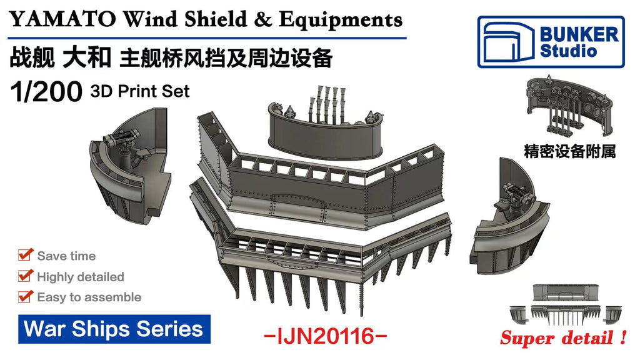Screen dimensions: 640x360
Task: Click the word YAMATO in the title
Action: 62,19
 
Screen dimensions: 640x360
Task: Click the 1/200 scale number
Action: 46,92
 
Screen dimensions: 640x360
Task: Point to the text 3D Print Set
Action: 140,91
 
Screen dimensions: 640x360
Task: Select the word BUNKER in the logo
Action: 579,34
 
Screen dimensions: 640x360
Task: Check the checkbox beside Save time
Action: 25,255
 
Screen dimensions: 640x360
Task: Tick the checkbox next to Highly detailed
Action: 25,276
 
